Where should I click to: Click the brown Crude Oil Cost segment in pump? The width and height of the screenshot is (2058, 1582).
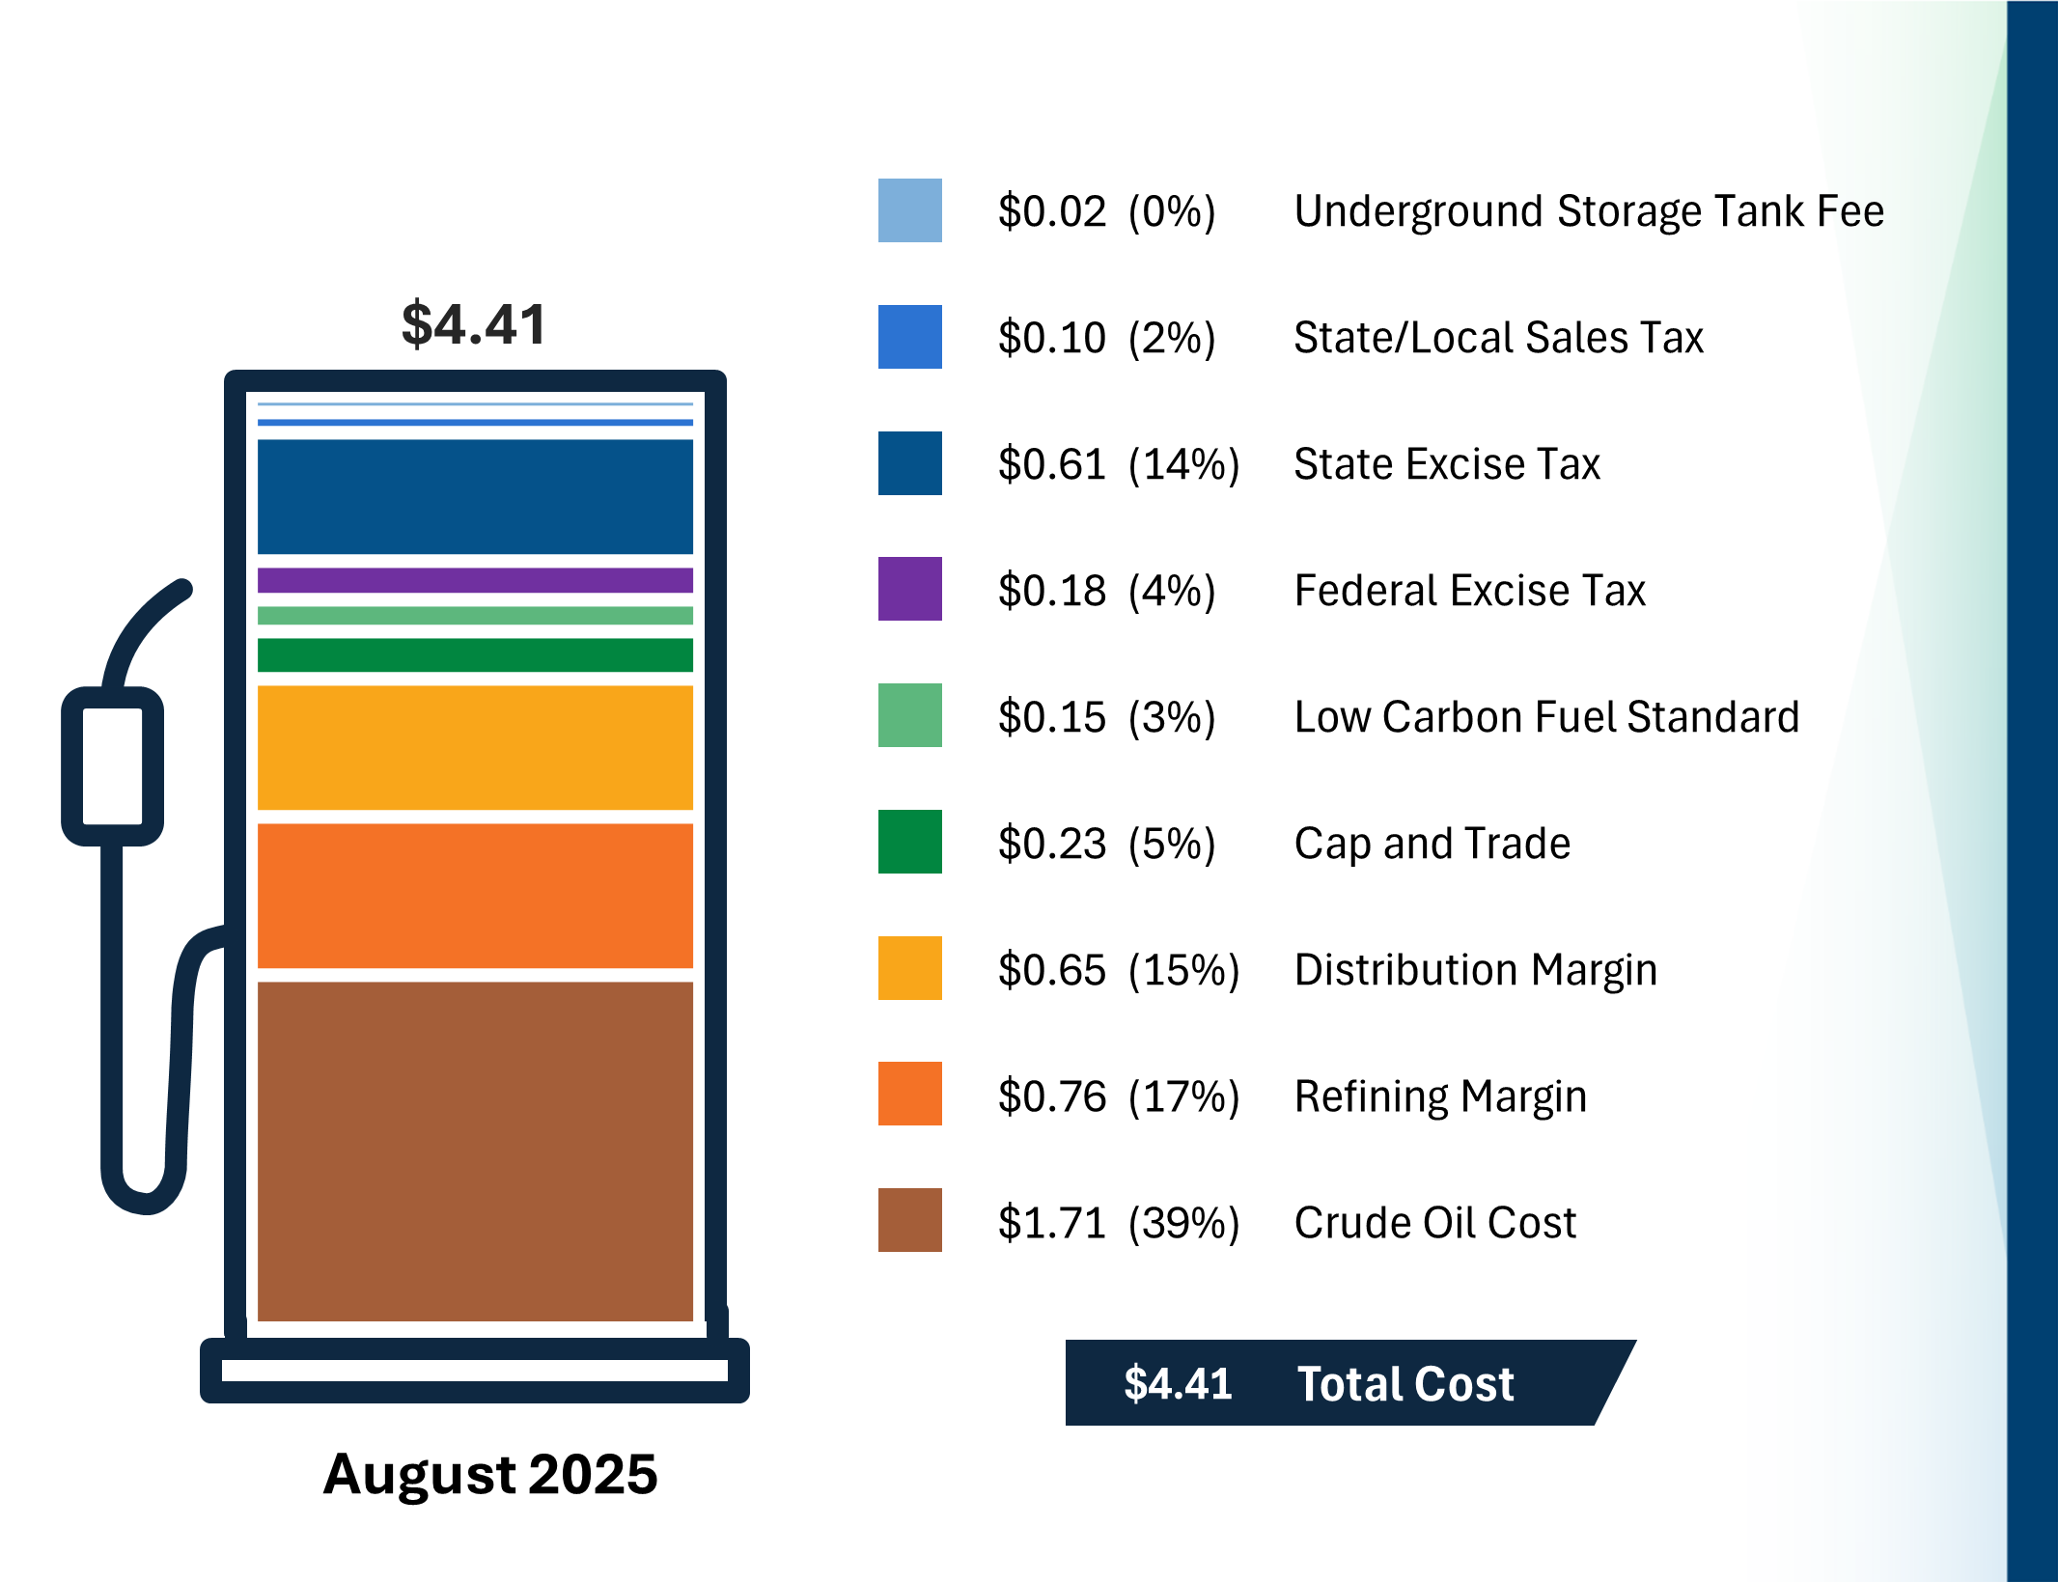pyautogui.click(x=475, y=1151)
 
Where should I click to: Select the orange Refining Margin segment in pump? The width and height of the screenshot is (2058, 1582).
pyautogui.click(x=475, y=895)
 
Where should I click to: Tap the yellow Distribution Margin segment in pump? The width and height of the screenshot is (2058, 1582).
pyautogui.click(x=475, y=747)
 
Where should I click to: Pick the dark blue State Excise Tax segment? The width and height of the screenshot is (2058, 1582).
pyautogui.click(x=475, y=496)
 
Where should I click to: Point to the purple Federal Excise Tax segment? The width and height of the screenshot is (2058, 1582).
pyautogui.click(x=475, y=580)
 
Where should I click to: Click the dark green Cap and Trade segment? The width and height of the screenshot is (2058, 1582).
pyautogui.click(x=475, y=654)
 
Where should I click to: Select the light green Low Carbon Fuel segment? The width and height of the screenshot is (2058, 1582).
pyautogui.click(x=475, y=616)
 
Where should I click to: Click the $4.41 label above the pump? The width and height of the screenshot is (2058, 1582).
pyautogui.click(x=474, y=324)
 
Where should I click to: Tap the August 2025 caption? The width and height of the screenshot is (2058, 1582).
pyautogui.click(x=489, y=1474)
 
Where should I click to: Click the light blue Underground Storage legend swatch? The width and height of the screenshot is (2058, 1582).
pyautogui.click(x=909, y=210)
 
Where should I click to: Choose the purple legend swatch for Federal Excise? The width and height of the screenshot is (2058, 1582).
pyautogui.click(x=909, y=589)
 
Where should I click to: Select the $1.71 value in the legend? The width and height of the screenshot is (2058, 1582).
pyautogui.click(x=1051, y=1223)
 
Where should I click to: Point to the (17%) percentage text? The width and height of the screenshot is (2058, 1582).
pyautogui.click(x=1183, y=1096)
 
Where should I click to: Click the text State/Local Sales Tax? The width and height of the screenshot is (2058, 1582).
pyautogui.click(x=1498, y=338)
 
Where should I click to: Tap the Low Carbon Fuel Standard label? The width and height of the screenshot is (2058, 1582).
pyautogui.click(x=1546, y=717)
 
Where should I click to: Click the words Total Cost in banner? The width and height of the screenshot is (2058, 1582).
pyautogui.click(x=1404, y=1384)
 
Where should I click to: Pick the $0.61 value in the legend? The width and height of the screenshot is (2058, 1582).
pyautogui.click(x=1051, y=464)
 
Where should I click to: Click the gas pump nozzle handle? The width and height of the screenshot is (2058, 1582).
pyautogui.click(x=112, y=766)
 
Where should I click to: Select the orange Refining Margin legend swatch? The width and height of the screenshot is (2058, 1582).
pyautogui.click(x=909, y=1094)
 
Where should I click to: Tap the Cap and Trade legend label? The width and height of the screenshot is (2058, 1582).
pyautogui.click(x=1432, y=844)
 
